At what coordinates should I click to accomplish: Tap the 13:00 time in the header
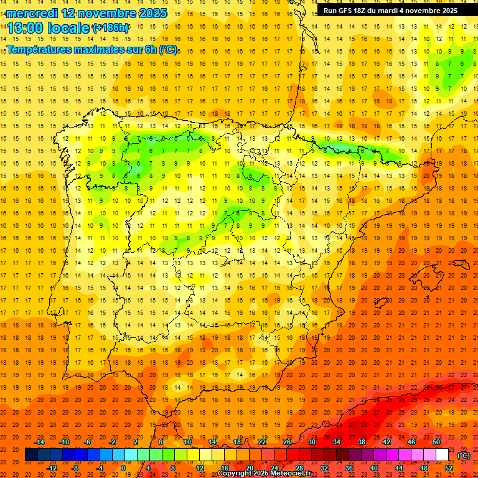(x=27, y=28)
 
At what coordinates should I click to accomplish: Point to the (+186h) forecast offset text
(x=111, y=28)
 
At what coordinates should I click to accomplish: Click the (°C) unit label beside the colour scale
(x=463, y=456)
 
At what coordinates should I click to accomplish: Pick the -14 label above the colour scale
(x=40, y=442)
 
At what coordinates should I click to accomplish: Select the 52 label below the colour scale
(x=449, y=468)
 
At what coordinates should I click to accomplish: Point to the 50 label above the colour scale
(x=436, y=442)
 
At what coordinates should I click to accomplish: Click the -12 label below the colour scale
(x=53, y=468)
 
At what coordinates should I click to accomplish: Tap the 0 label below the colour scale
(x=123, y=468)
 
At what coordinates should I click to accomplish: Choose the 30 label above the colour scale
(x=311, y=442)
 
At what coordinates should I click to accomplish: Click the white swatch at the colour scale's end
(x=443, y=455)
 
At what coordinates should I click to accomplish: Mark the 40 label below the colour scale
(x=374, y=468)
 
